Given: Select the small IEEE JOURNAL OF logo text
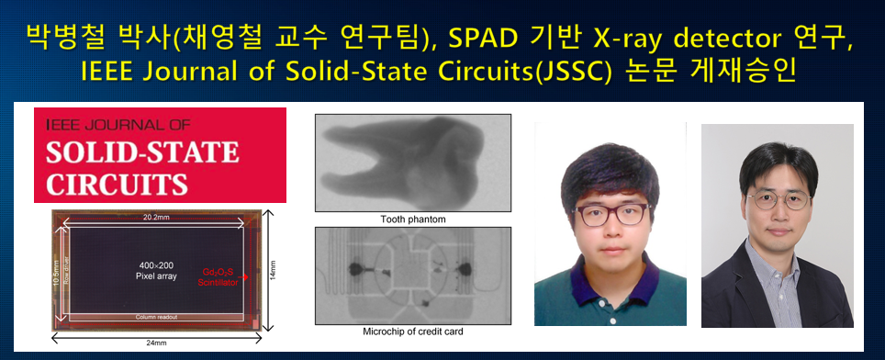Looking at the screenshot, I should pyautogui.click(x=102, y=122).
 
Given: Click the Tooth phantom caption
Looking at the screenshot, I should pyautogui.click(x=412, y=219).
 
